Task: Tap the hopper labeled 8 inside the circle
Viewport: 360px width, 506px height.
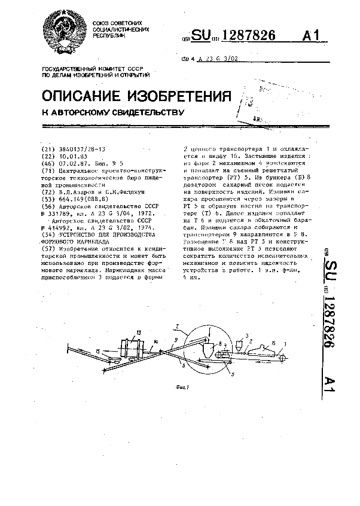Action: click(210, 348)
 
